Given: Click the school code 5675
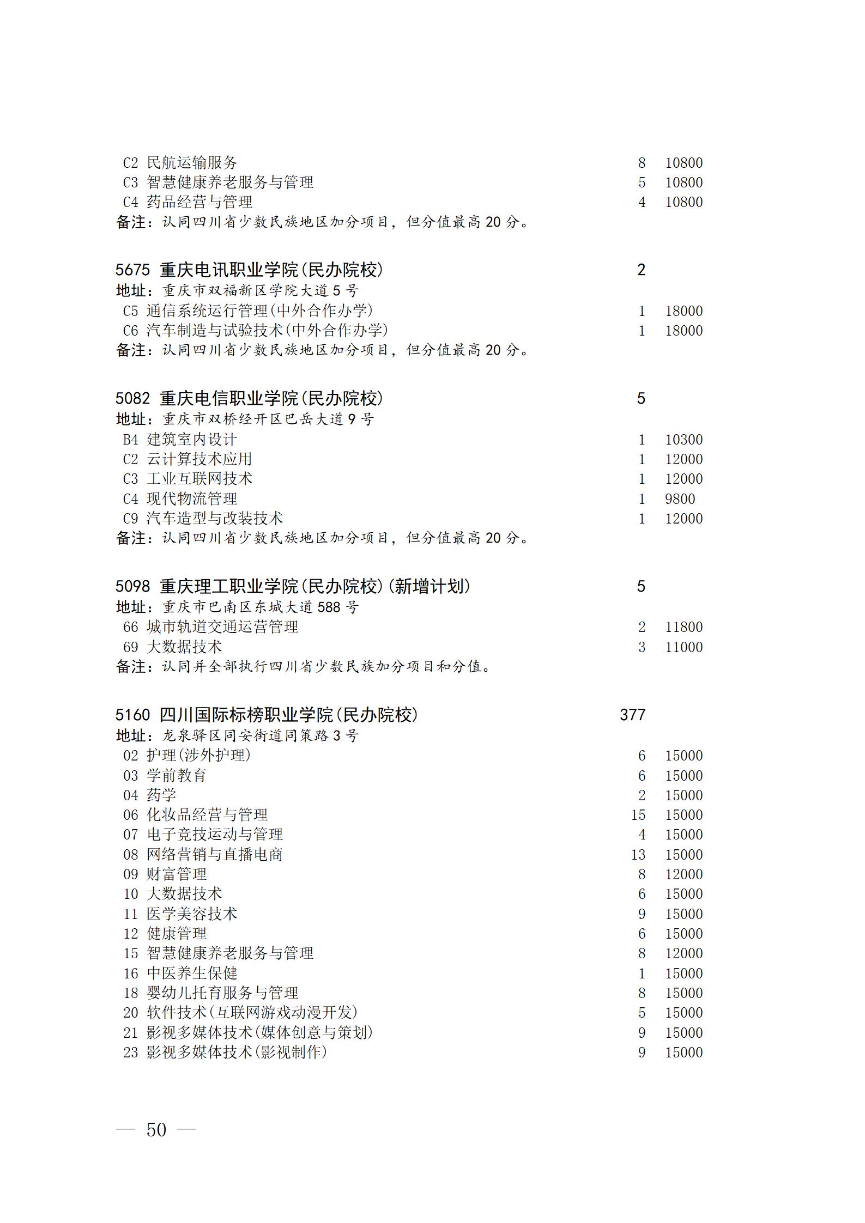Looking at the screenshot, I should (x=132, y=270).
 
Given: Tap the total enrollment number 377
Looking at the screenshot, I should (x=632, y=715).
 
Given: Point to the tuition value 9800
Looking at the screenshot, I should (x=680, y=499).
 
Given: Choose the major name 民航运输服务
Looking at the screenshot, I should (x=192, y=163).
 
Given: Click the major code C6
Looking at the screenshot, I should (x=131, y=331).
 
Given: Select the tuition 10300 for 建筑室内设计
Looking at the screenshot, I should (x=683, y=440).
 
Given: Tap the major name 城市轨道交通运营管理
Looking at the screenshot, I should (x=222, y=627).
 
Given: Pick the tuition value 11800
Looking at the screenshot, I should (x=683, y=627).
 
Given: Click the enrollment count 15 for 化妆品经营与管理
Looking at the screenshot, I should (x=638, y=815).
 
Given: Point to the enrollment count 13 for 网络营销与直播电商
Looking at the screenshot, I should (x=638, y=855).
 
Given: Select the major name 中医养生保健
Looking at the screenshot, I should (x=192, y=973).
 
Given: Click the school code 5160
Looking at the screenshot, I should (x=132, y=715).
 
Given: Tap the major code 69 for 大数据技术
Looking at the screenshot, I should (x=131, y=647).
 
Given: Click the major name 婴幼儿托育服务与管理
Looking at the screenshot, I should (x=222, y=993).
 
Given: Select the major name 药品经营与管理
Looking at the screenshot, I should (x=199, y=202).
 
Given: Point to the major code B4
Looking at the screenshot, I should (x=131, y=440).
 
